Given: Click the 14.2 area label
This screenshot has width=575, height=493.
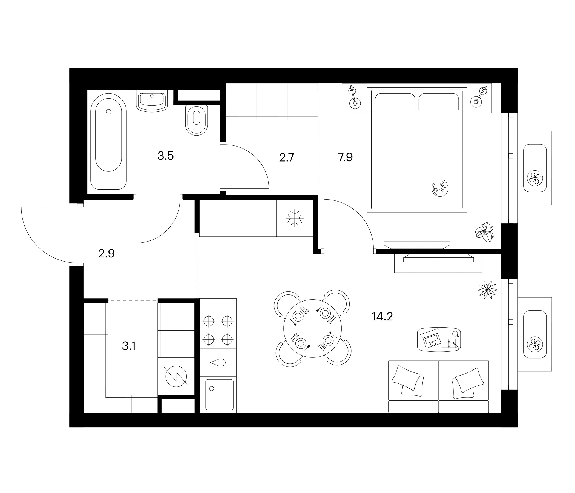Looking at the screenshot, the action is (x=382, y=316).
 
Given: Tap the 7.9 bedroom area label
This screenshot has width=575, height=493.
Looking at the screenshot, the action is (x=345, y=157).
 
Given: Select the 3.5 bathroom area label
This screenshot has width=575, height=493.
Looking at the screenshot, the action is (x=166, y=156).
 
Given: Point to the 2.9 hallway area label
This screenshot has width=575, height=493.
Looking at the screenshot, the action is (x=107, y=254).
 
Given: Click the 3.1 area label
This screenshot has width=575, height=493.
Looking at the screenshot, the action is (x=129, y=346).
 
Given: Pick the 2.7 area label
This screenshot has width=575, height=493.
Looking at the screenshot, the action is (x=286, y=158).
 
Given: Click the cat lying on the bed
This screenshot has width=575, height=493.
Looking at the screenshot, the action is (x=440, y=188).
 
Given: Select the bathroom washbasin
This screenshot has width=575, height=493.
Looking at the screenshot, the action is (x=152, y=101).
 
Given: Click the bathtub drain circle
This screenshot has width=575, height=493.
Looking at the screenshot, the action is (x=108, y=111).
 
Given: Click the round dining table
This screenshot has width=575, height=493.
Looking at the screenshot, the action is (x=312, y=329).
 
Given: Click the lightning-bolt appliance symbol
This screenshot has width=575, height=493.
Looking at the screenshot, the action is (x=176, y=376).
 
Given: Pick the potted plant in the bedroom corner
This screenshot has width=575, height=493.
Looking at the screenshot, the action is (x=484, y=232).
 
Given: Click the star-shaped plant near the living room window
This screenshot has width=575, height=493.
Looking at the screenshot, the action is (x=488, y=290).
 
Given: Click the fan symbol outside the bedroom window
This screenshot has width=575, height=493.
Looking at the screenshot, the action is (x=535, y=178).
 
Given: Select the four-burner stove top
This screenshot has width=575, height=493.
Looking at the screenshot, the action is (x=218, y=330).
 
